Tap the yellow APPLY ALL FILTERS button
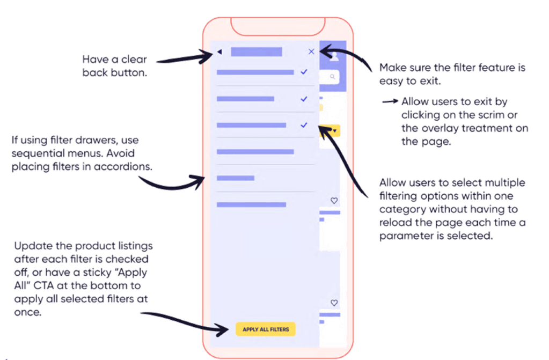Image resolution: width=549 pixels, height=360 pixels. click(265, 329)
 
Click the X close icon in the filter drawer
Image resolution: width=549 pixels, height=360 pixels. click(311, 52)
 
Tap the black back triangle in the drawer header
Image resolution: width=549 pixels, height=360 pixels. click(219, 52)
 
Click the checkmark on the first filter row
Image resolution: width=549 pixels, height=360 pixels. click(304, 71)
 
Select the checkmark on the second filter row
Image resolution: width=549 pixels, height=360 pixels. click(304, 99)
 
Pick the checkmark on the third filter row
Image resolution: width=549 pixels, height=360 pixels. click(304, 125)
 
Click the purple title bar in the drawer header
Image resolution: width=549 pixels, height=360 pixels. click(256, 52)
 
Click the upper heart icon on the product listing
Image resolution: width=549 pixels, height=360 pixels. click(334, 201)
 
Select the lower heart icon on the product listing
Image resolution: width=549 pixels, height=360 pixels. click(334, 303)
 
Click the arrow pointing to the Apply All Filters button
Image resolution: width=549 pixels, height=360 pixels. click(182, 320)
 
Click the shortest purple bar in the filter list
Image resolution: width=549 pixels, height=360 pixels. click(235, 178)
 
